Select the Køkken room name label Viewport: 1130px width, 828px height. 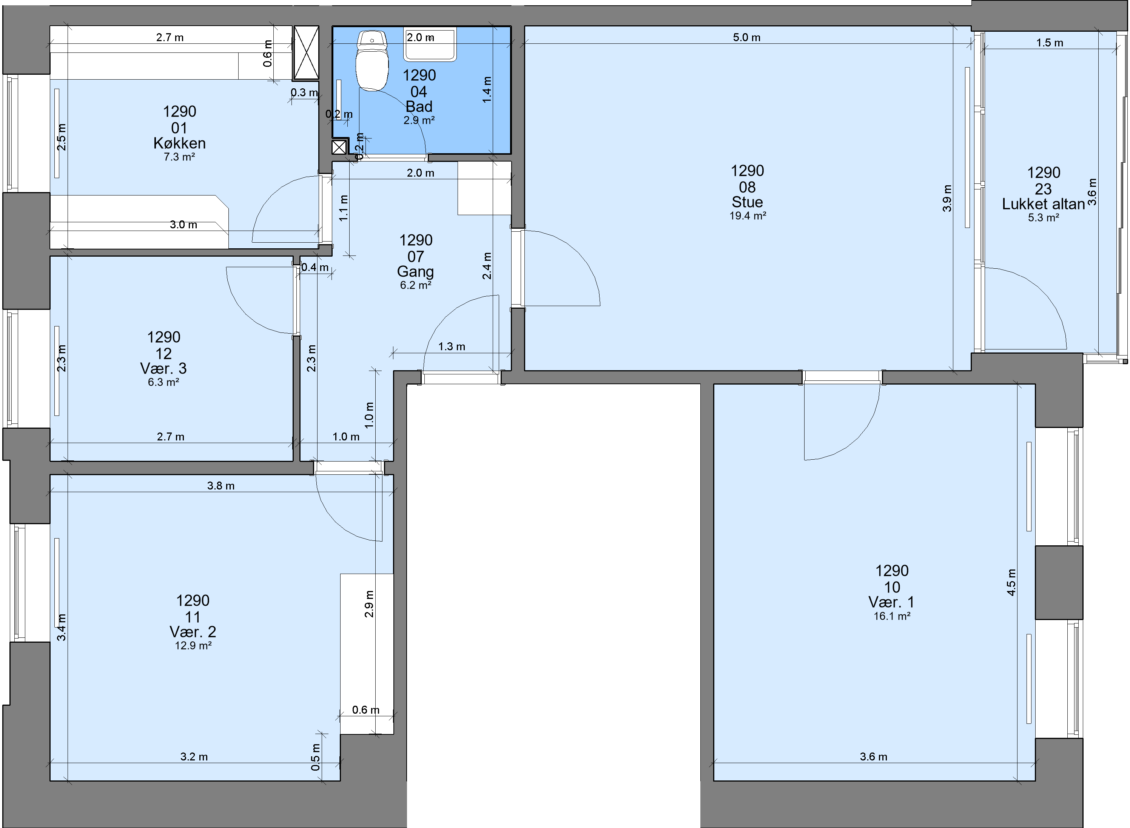[x=179, y=143]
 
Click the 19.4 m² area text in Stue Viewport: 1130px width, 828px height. [x=748, y=216]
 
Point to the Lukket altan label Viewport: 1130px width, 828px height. [x=1043, y=204]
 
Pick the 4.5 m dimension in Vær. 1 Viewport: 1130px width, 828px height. [x=1011, y=582]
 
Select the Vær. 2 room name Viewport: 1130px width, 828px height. [x=193, y=631]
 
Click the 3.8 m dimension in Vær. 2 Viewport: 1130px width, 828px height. [x=220, y=486]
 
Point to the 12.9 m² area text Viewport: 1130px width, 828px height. [x=193, y=646]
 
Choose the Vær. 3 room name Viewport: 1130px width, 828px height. [x=163, y=368]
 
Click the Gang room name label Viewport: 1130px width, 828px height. [x=416, y=272]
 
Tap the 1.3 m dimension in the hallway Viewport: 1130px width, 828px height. [x=452, y=347]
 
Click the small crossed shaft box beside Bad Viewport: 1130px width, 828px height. [x=339, y=147]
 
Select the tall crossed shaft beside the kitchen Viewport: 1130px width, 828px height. [x=306, y=52]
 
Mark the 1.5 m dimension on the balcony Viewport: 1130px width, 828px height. [x=1050, y=43]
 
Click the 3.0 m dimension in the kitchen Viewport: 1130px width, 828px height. [x=183, y=225]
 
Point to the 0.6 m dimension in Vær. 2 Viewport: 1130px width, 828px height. [x=366, y=710]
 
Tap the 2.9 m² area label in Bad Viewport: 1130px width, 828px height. [x=419, y=120]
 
